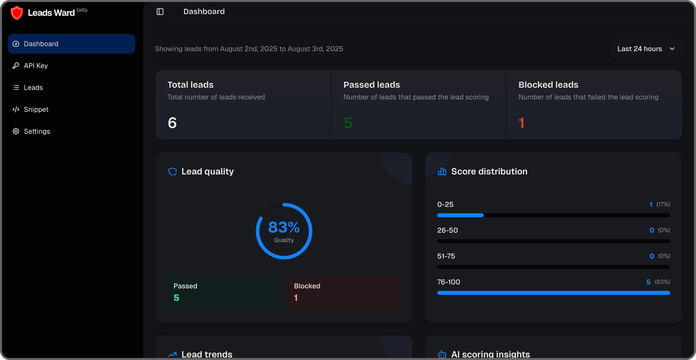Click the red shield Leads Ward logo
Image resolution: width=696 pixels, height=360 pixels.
pyautogui.click(x=17, y=13)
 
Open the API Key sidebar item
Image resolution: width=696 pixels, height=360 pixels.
pyautogui.click(x=36, y=66)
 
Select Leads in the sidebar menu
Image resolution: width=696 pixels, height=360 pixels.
pyautogui.click(x=33, y=87)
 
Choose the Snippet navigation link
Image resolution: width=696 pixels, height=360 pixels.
pyautogui.click(x=36, y=109)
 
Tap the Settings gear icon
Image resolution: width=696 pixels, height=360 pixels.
pyautogui.click(x=16, y=131)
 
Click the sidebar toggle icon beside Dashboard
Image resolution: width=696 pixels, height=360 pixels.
pyautogui.click(x=160, y=12)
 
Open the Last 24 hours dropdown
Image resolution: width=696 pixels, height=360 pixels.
pyautogui.click(x=646, y=49)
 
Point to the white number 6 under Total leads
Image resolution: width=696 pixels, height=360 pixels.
pyautogui.click(x=172, y=123)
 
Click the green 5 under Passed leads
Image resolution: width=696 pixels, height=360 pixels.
pyautogui.click(x=348, y=123)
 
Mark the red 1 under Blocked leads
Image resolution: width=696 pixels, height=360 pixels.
pyautogui.click(x=522, y=123)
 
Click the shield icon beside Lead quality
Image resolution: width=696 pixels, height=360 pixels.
pyautogui.click(x=173, y=172)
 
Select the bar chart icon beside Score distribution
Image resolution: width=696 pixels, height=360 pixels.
pyautogui.click(x=442, y=172)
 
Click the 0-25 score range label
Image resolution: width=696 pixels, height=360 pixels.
pyautogui.click(x=445, y=204)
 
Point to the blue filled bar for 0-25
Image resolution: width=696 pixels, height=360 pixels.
pyautogui.click(x=460, y=215)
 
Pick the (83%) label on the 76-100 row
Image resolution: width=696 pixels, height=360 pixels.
pyautogui.click(x=662, y=282)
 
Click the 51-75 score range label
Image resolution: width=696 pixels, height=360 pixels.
pyautogui.click(x=446, y=256)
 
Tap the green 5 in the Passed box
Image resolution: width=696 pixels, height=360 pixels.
pyautogui.click(x=176, y=298)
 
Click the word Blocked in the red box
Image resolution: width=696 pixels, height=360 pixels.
pyautogui.click(x=307, y=286)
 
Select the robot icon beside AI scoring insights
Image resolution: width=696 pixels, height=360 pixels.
pyautogui.click(x=442, y=355)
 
